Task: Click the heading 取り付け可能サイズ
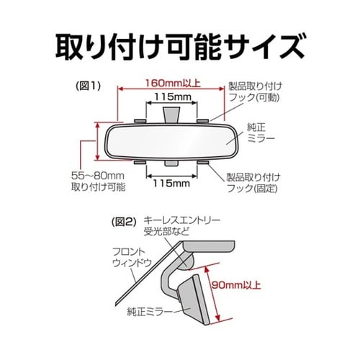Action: tap(179, 45)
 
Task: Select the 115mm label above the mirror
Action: tap(174, 96)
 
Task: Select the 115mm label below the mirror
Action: tap(172, 184)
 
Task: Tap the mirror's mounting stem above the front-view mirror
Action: tap(171, 113)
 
